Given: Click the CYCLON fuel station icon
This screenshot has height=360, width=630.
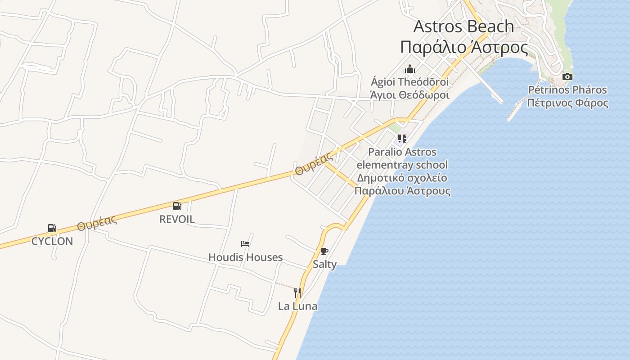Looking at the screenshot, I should click(x=52, y=228).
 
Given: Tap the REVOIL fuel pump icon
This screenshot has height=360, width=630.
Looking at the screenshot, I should click(x=177, y=206).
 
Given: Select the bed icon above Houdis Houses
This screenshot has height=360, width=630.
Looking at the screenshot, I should click(x=245, y=244).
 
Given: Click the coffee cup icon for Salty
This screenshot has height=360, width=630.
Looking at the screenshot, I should click(x=324, y=251).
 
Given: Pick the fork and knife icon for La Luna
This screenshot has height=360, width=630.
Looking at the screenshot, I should click(x=297, y=293).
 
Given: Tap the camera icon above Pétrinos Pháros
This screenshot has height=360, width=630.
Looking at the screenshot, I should click(x=567, y=76).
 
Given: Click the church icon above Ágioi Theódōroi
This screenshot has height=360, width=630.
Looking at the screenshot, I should click(x=410, y=69).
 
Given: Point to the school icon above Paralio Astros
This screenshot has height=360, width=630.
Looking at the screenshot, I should click(x=402, y=139).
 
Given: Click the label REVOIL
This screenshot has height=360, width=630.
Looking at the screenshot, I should click(x=177, y=219).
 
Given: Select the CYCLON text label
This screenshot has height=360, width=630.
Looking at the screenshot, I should click(x=52, y=241).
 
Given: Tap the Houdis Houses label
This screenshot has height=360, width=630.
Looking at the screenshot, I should click(x=245, y=257).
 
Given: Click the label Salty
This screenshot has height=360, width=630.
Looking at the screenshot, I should click(x=324, y=264).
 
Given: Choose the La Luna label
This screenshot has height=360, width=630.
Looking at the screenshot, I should click(x=297, y=306).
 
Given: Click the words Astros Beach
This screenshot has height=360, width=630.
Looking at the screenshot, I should click(x=463, y=26).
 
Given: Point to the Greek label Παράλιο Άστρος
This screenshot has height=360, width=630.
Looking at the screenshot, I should click(x=463, y=47).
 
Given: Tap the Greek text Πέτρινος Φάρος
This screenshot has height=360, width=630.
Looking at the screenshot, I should click(x=567, y=103).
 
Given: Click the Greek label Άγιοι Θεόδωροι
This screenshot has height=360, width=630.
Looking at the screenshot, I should click(x=409, y=95).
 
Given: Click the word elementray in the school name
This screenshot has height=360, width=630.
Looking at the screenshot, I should click(x=382, y=165).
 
